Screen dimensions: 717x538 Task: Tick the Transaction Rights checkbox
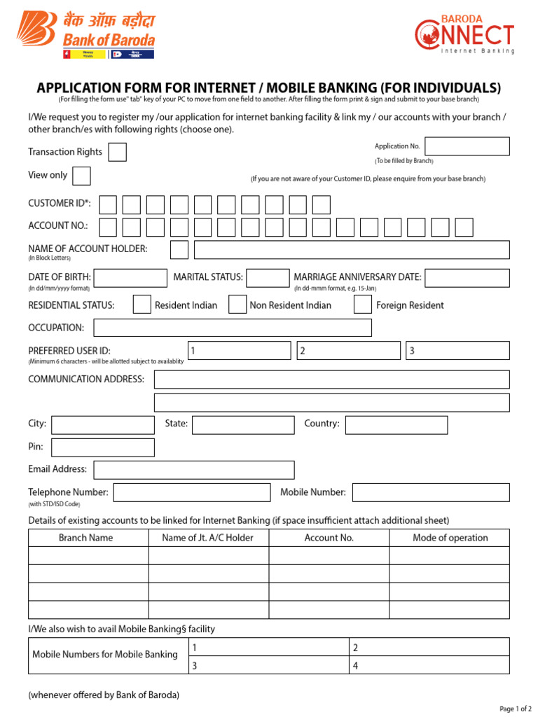(x=118, y=152)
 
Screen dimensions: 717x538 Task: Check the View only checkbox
(x=81, y=175)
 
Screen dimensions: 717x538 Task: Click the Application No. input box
(x=467, y=146)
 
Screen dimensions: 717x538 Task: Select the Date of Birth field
(x=130, y=278)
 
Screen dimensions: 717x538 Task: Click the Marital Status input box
(x=268, y=278)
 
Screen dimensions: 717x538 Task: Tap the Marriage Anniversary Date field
(x=467, y=278)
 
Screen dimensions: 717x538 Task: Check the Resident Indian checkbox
(x=142, y=305)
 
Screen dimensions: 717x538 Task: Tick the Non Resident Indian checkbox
(x=238, y=305)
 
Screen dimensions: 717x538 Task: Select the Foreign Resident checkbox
(x=362, y=305)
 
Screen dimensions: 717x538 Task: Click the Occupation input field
(x=233, y=328)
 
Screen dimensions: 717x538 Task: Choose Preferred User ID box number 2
(x=348, y=351)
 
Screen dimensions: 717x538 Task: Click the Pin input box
(x=103, y=447)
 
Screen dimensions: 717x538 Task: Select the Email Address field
(x=194, y=470)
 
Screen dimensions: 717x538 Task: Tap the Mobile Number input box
(x=431, y=493)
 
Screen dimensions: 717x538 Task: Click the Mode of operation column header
(x=450, y=538)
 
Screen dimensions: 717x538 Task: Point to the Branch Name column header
(x=85, y=538)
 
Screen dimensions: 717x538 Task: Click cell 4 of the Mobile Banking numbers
(x=429, y=665)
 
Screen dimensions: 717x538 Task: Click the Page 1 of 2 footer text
(x=516, y=709)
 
